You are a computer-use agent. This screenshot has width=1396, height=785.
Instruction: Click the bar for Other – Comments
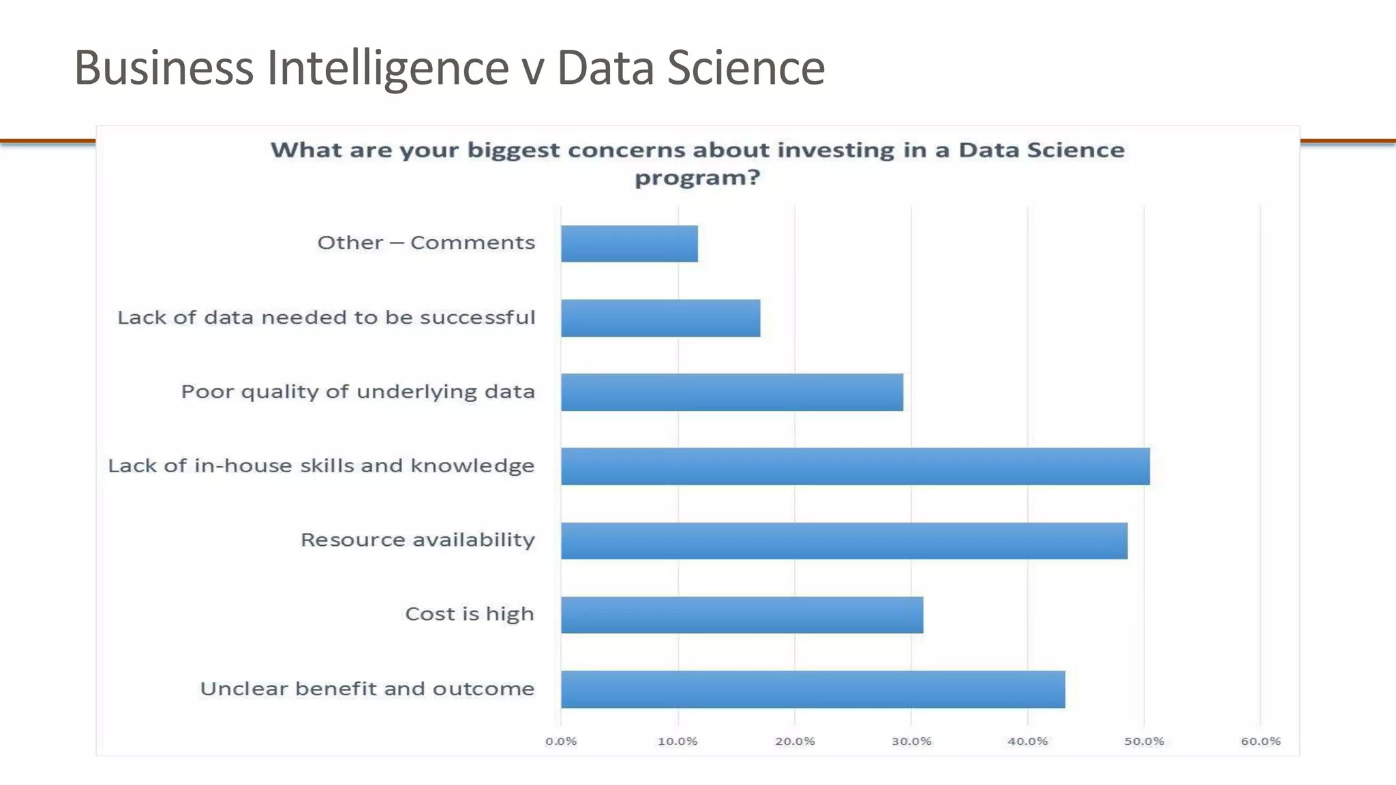click(x=629, y=243)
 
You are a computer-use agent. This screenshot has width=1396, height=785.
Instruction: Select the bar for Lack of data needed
click(x=660, y=318)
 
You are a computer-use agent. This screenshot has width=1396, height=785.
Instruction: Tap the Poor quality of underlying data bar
click(x=731, y=392)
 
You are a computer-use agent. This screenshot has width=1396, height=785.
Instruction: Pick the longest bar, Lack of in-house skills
click(x=855, y=466)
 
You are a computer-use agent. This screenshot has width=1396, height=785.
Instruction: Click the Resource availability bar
click(x=844, y=540)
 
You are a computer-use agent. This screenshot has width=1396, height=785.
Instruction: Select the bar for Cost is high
click(x=742, y=615)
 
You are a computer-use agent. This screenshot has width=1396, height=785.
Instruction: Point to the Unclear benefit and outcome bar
click(x=813, y=689)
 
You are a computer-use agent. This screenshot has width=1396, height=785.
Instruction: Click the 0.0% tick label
click(x=561, y=741)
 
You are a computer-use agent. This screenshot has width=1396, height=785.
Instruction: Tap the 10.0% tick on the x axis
click(x=678, y=741)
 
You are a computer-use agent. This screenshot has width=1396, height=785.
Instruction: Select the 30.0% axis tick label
click(x=911, y=741)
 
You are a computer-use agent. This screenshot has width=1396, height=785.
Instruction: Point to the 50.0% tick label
click(x=1144, y=741)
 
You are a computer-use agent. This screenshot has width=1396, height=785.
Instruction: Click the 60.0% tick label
click(x=1260, y=741)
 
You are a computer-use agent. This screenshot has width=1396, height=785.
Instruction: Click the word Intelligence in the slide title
click(x=387, y=68)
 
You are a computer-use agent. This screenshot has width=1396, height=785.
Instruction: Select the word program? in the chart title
click(x=697, y=178)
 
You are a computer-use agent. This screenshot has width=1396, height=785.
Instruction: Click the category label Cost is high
click(x=470, y=614)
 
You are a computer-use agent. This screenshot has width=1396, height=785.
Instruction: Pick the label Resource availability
click(x=418, y=540)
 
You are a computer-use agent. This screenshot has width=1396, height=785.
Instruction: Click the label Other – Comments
click(x=426, y=243)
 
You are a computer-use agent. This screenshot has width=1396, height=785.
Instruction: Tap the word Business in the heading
click(x=164, y=68)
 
